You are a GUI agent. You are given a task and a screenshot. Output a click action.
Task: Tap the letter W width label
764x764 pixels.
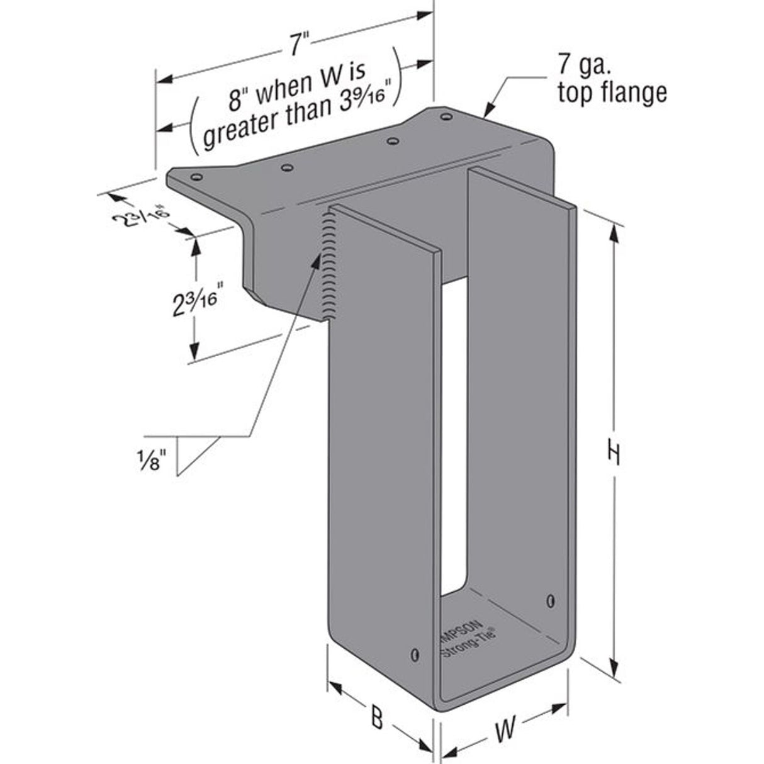(505, 730)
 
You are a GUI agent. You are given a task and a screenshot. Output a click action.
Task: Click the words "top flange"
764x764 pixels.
(611, 93)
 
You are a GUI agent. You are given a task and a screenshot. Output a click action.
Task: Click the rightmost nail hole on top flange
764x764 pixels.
(446, 117)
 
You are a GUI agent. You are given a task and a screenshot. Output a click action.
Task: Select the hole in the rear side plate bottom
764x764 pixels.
(551, 599)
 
